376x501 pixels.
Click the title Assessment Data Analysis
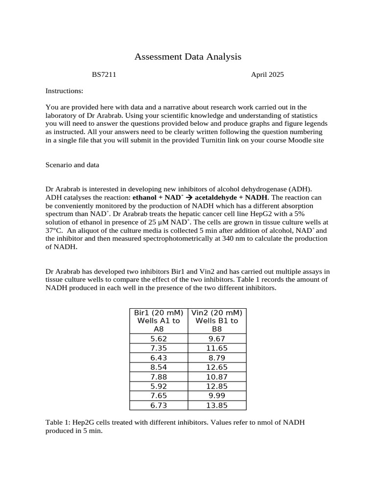coord(188,57)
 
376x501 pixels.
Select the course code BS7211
coord(104,75)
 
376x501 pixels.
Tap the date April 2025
coord(267,75)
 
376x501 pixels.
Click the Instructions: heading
coord(64,91)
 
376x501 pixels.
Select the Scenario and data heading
coord(72,165)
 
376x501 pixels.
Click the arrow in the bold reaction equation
coord(188,197)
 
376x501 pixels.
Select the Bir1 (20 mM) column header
coord(159,313)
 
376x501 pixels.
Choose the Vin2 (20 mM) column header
coord(217,313)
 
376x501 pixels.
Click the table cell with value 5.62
coord(159,339)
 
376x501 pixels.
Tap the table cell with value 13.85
coord(217,405)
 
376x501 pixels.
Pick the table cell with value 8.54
coord(159,367)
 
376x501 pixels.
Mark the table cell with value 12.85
coord(217,386)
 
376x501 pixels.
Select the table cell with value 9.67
coord(217,339)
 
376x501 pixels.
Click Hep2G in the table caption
coord(82,423)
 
